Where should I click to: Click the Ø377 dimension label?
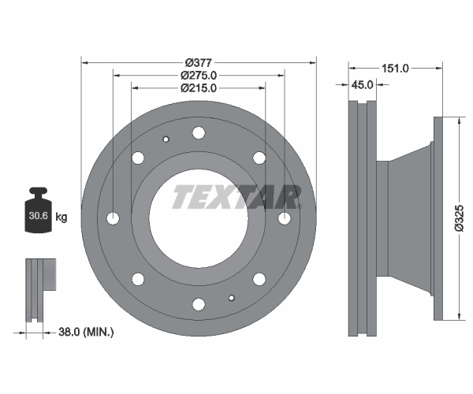coord(199,63)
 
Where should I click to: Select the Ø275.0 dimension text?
coord(199,75)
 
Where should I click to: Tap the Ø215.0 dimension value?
coord(199,88)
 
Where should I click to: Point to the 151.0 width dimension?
coord(395,69)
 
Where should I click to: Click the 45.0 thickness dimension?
coord(363,84)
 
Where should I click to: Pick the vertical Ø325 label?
coord(459,217)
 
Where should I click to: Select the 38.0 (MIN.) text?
coord(86,333)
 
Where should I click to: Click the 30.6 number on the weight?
coord(39,216)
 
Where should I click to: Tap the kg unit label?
coord(61,217)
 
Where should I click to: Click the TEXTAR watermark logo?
coord(236,197)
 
